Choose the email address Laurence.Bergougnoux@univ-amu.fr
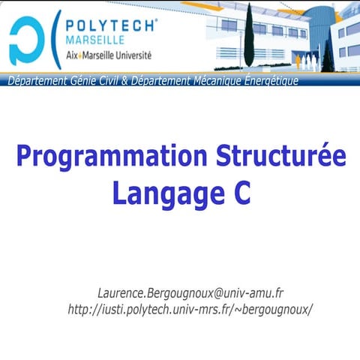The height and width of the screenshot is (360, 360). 190,292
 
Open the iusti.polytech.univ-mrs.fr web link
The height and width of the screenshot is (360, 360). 190,309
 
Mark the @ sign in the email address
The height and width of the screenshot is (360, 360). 214,293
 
